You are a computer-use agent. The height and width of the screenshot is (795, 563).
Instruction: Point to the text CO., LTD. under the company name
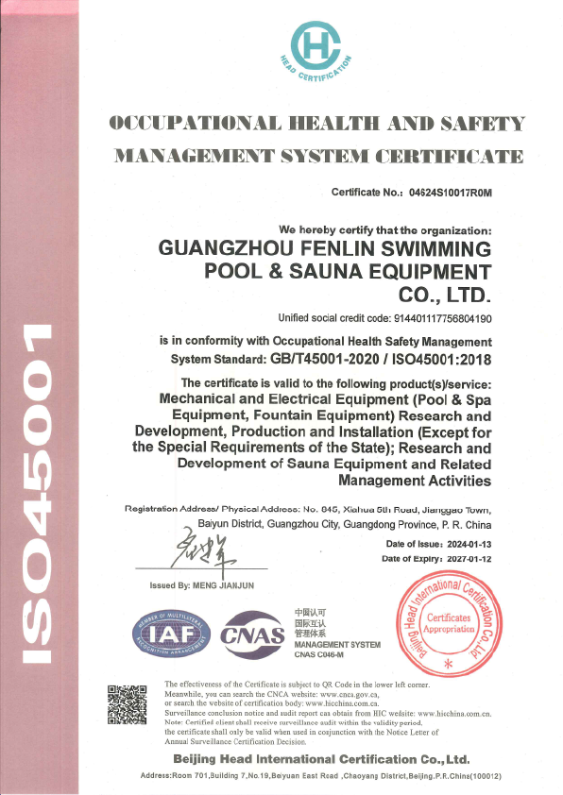tap(441, 295)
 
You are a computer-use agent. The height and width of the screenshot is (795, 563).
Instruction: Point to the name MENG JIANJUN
tap(229, 587)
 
